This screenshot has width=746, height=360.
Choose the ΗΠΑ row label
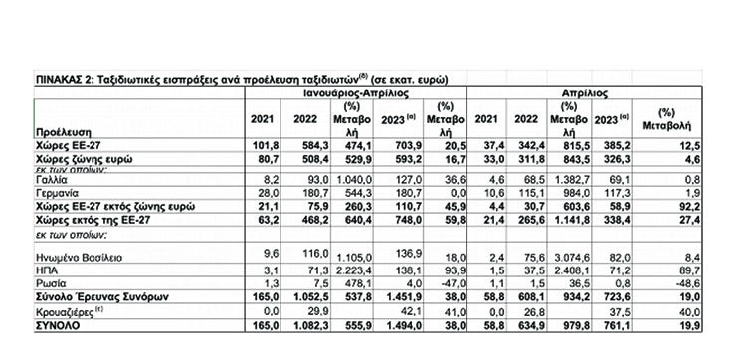click(x=46, y=269)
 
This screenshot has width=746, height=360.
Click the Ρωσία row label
click(x=48, y=282)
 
